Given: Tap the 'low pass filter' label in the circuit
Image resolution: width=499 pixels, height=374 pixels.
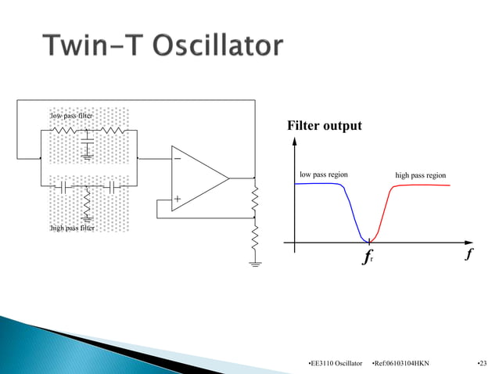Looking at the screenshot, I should click(x=71, y=116).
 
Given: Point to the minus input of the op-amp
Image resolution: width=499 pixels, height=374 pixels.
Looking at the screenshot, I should click(x=178, y=157).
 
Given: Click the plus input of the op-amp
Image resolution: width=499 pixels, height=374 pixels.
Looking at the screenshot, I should click(x=178, y=200).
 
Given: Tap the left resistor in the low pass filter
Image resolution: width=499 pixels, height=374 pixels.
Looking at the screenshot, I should click(x=63, y=130).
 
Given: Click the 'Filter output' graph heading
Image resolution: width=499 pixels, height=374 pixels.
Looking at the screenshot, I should click(x=325, y=125).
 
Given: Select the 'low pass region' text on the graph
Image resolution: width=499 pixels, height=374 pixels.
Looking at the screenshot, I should click(x=324, y=174).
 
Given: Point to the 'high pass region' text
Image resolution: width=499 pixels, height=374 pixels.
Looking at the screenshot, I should click(x=420, y=175).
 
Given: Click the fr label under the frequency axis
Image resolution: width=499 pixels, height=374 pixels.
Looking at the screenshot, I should click(x=368, y=257).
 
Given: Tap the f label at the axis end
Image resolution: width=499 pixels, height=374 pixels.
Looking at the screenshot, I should click(x=468, y=254).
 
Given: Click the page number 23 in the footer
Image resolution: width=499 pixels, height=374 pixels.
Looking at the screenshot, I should click(x=480, y=363).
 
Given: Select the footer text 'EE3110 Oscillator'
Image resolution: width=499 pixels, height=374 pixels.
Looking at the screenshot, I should click(x=336, y=363).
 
